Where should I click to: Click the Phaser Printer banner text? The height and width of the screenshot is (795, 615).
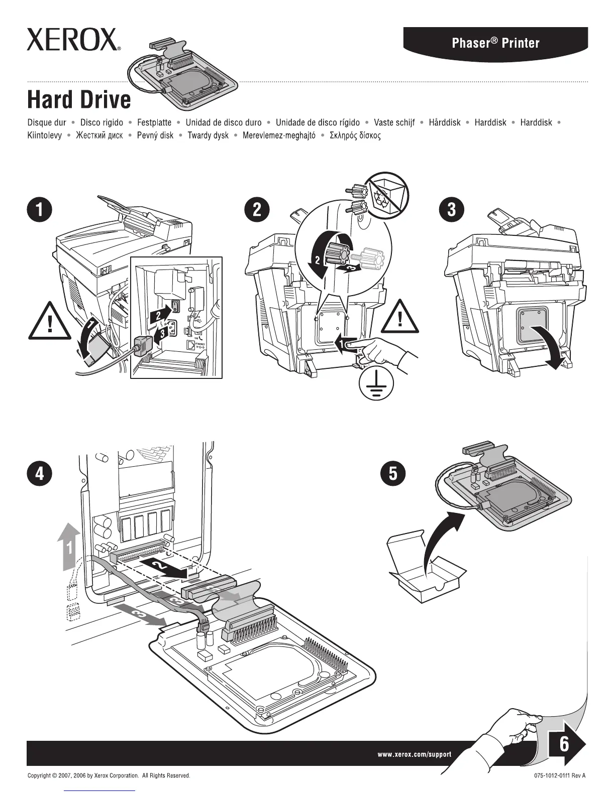[x=495, y=43]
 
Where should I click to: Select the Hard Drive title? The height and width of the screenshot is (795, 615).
[x=79, y=99]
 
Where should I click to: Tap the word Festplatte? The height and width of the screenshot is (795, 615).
[x=154, y=122]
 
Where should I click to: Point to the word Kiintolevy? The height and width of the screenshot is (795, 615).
[x=45, y=136]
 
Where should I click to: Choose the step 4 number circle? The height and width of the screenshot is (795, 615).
[x=39, y=474]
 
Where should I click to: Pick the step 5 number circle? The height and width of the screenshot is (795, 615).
[x=393, y=474]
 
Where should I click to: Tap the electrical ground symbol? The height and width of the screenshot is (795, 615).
[x=376, y=384]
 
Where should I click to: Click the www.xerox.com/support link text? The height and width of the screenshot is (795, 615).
[x=414, y=754]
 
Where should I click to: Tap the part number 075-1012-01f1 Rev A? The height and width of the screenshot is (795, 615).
[x=560, y=775]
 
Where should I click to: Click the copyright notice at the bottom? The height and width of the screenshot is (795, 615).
[x=109, y=775]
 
